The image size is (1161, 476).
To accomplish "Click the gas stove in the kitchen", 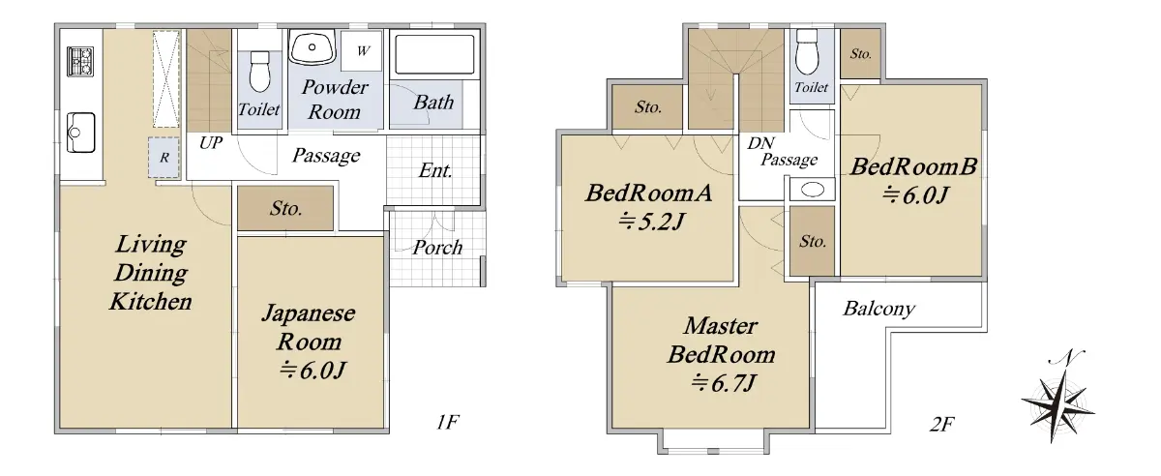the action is click(80, 62).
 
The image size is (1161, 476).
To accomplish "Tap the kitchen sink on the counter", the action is click(81, 133).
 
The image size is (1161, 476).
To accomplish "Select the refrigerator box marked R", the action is click(164, 157).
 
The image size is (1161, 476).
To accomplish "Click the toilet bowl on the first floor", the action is click(259, 72).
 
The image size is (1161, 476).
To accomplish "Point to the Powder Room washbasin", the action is click(312, 47).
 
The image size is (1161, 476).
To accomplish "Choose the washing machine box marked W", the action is click(362, 51).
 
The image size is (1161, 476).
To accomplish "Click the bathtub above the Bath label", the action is click(434, 54).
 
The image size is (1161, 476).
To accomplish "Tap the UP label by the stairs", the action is click(211, 142).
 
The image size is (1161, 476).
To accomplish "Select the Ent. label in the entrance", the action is click(435, 170).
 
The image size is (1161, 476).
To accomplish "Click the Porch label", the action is click(437, 248).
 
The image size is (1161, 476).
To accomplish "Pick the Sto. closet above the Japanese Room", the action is click(285, 208).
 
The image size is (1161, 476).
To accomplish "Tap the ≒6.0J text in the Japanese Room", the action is click(313, 371).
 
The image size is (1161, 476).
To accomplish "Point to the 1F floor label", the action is click(447, 423).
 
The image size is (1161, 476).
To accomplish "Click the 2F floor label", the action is click(941, 424).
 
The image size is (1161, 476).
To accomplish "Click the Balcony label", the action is click(879, 309).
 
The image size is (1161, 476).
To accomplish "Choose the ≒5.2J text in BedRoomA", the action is click(652, 222).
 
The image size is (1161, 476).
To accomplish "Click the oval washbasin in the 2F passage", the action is click(812, 190).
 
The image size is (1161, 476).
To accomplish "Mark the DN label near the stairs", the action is click(760, 142).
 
